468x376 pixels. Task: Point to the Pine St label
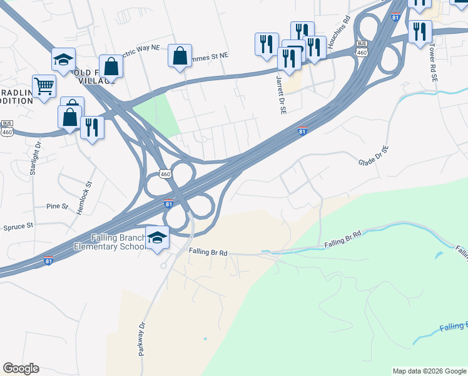click(56, 206)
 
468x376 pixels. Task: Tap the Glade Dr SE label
click(374, 156)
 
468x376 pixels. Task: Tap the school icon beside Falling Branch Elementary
click(156, 238)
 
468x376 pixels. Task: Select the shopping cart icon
click(44, 86)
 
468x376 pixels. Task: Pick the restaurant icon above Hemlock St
click(92, 128)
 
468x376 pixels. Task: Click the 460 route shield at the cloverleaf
click(165, 174)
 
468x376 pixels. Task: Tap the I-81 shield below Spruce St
click(49, 261)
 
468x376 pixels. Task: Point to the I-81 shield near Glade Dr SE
click(302, 131)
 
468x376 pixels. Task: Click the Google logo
click(21, 368)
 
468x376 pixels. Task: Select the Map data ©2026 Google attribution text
click(429, 371)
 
